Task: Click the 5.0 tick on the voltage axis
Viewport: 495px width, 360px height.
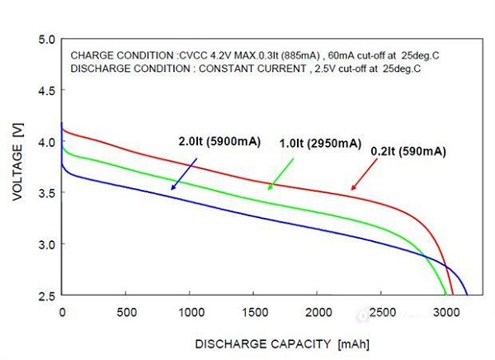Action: coord(46,40)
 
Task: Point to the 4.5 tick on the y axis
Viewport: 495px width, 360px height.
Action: coord(46,91)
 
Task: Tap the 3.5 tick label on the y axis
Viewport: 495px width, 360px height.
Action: coord(46,193)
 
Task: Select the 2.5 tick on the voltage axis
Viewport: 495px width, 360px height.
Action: coord(46,296)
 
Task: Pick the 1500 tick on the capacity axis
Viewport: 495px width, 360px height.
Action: coord(253,312)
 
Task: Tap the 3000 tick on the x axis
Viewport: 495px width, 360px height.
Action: coord(445,312)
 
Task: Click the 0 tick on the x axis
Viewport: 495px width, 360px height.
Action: coord(62,312)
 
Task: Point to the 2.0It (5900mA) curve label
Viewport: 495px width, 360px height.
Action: coord(219,141)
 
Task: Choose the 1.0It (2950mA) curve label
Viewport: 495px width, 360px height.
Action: coord(320,144)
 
